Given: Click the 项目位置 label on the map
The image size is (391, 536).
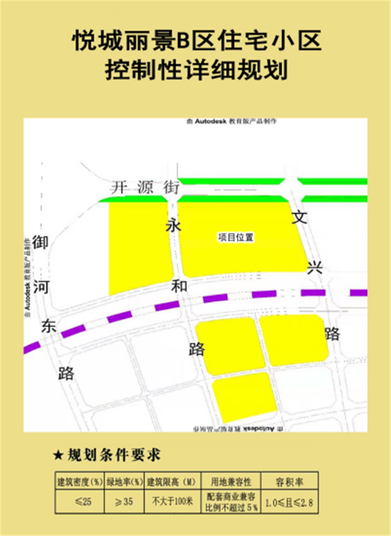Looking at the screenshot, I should pyautogui.click(x=236, y=238).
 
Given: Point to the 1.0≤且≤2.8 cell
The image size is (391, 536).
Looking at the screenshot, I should pyautogui.click(x=290, y=502).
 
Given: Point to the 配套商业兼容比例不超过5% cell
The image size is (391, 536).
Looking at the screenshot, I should pyautogui.click(x=231, y=502).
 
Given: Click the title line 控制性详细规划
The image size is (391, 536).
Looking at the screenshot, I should pyautogui.click(x=195, y=70).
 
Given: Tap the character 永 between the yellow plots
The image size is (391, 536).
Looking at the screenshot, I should pyautogui.click(x=173, y=226).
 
